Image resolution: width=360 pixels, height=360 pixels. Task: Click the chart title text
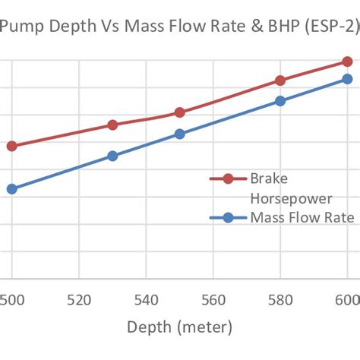[x=180, y=29]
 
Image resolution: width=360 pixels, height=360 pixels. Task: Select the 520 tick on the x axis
[x=79, y=300]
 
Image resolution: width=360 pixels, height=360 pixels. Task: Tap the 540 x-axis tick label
[x=146, y=300]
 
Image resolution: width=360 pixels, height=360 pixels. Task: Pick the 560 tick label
[x=213, y=300]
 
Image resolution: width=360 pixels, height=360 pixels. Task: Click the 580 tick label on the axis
[x=279, y=300]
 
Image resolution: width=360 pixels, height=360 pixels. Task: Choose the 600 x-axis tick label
[x=346, y=300]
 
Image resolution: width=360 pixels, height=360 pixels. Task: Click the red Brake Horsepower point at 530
[x=112, y=125]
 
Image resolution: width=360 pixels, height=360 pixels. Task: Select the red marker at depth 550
[x=179, y=112]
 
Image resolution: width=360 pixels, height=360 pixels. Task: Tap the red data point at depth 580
[x=279, y=81]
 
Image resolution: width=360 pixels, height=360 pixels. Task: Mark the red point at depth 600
[x=347, y=62]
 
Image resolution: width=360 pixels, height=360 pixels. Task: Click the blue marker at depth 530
[x=112, y=156]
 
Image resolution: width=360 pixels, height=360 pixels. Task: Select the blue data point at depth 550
[x=179, y=134]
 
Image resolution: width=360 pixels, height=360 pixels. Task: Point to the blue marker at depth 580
[x=279, y=100]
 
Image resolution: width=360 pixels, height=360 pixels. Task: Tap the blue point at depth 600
[x=347, y=79]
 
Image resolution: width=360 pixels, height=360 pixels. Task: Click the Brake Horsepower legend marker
[x=228, y=179]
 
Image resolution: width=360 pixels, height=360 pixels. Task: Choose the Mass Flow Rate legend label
[x=302, y=218]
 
